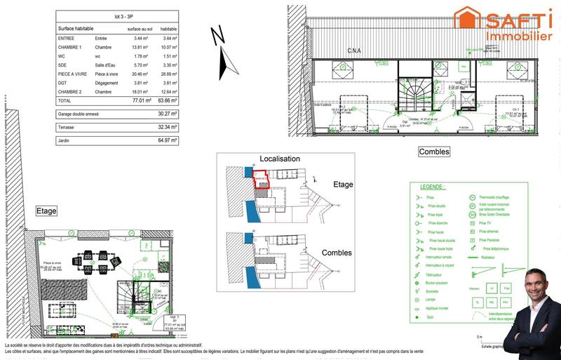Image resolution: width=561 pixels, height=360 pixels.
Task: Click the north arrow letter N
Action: tap(218, 34)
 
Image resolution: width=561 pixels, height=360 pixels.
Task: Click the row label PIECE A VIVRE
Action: tap(71, 73)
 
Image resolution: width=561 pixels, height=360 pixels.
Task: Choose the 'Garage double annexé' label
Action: tap(80, 113)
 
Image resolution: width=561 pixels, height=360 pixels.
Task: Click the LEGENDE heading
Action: tap(432, 187)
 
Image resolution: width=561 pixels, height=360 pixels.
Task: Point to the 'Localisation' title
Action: tap(280, 159)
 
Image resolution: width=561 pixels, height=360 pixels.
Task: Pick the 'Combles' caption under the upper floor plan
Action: tap(433, 152)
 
